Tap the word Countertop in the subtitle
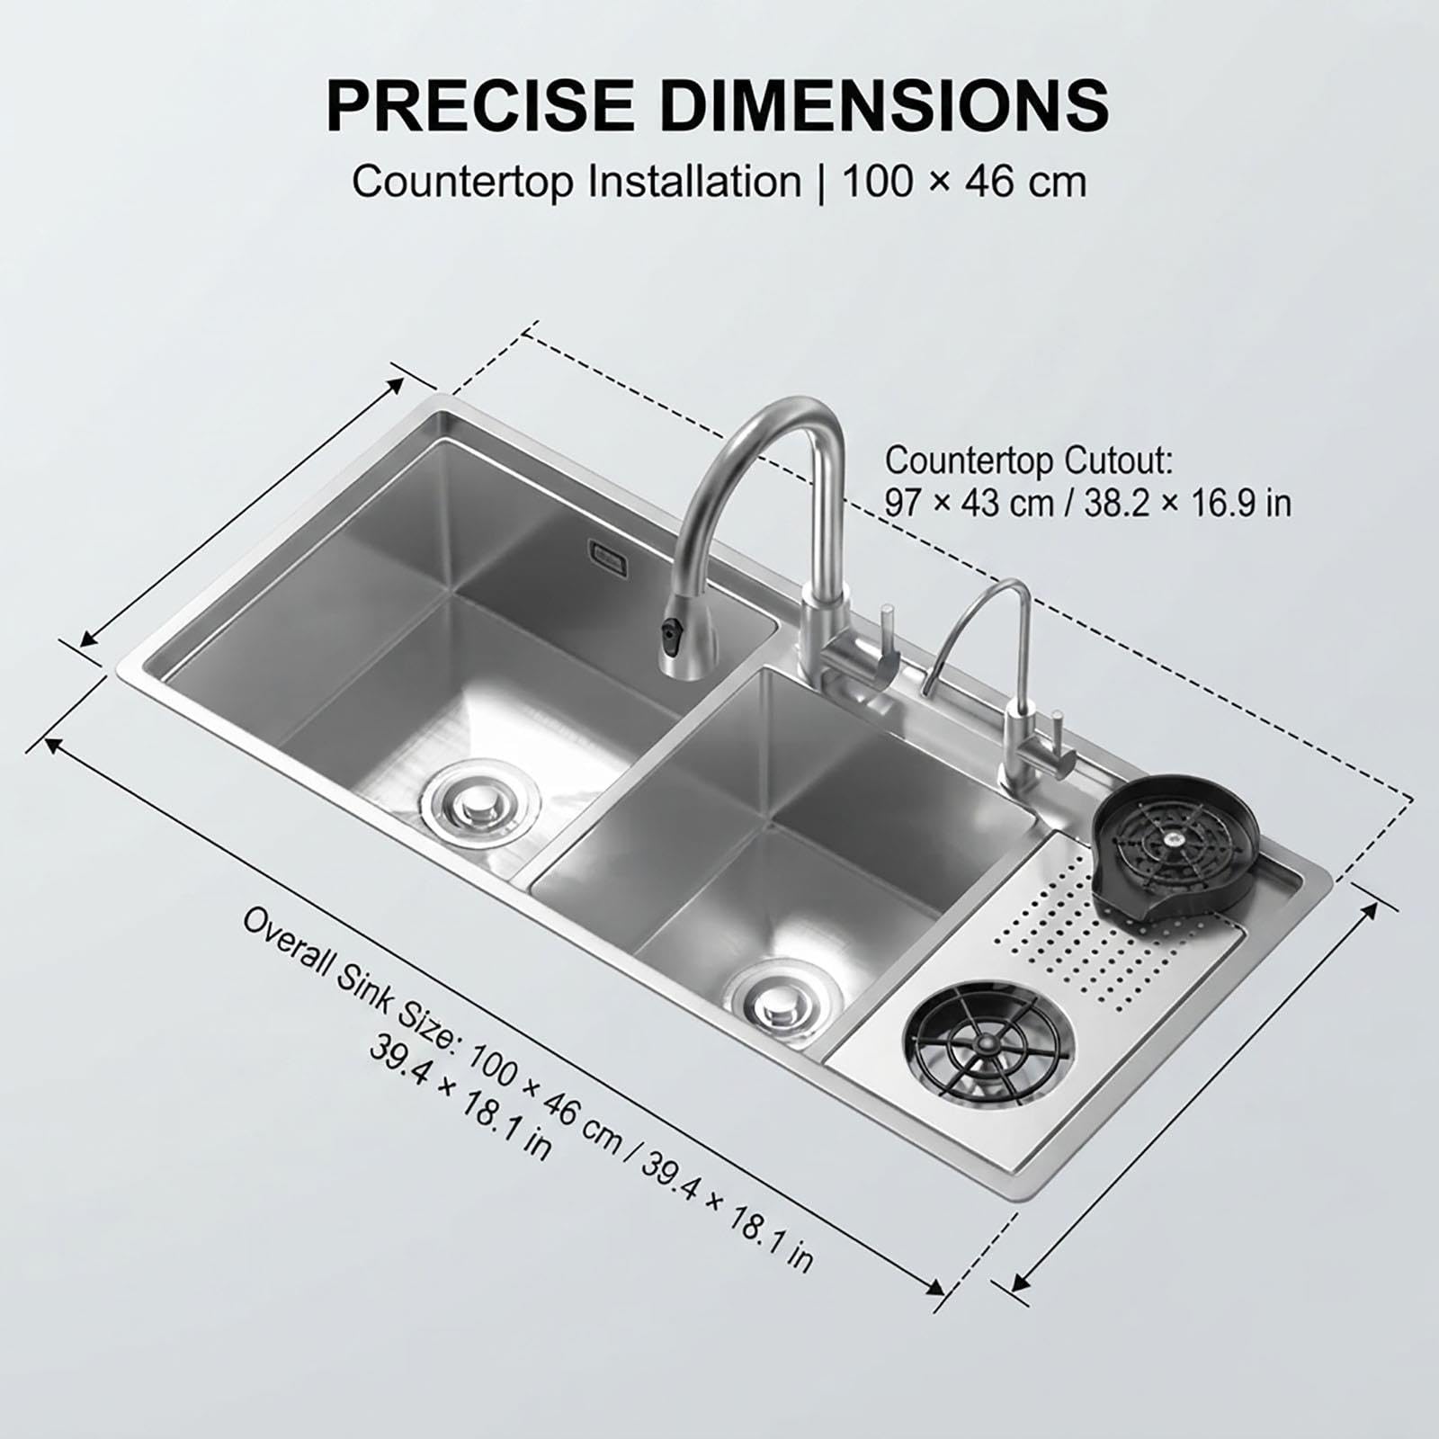pos(462,183)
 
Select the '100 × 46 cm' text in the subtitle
pos(964,183)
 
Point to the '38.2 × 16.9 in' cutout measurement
pos(1188,503)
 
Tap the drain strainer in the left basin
pos(483,798)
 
